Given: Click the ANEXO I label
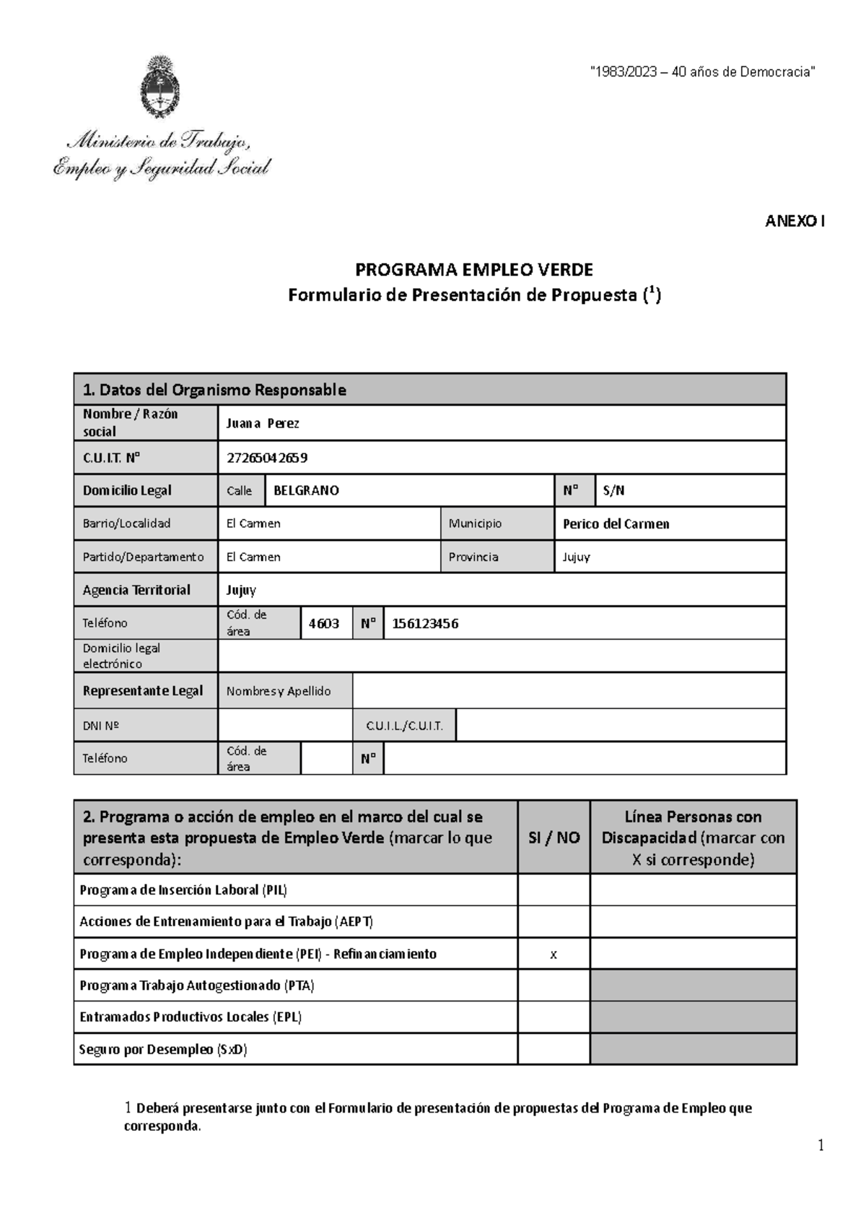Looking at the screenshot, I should point(794,222).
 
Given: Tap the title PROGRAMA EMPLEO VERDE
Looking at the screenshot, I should point(473,270).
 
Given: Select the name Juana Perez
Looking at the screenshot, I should point(263,423).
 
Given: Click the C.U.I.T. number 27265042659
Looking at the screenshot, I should point(266,458).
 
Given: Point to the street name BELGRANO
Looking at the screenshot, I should point(306,490).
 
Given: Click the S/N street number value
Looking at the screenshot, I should point(613,490).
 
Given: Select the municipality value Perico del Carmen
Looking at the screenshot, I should point(616,523).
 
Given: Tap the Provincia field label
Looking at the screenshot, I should point(473,557).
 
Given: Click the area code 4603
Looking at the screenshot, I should point(324,623).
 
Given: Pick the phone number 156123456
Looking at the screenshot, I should point(425,623).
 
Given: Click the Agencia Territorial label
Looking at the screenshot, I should point(136,590).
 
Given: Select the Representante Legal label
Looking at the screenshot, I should point(143,691).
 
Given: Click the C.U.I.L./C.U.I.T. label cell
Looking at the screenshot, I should point(404,726).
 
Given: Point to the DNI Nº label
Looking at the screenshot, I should point(101,726).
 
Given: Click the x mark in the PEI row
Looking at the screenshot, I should point(554,955).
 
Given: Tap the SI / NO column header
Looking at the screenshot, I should point(554,838).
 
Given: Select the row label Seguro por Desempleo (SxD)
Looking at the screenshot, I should point(163,1049).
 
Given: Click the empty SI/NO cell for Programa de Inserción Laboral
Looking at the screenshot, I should point(554,890).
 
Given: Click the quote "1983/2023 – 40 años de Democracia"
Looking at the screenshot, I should point(703,71).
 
